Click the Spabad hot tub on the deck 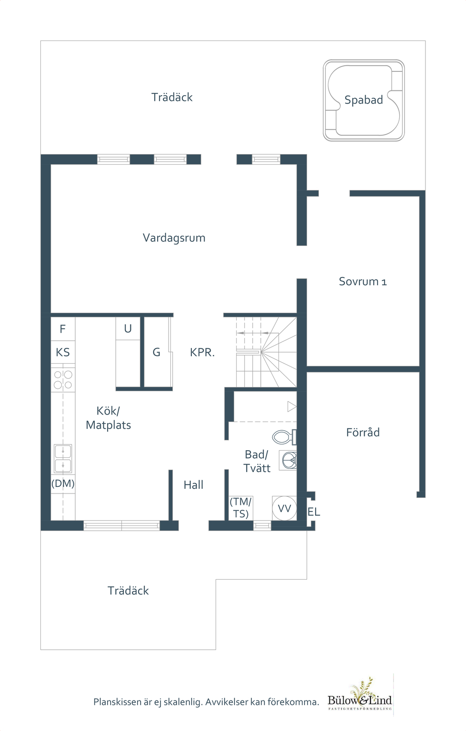[x=364, y=100]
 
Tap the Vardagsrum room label [x=174, y=238]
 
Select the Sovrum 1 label [x=363, y=281]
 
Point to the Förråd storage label [x=363, y=433]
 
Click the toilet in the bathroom [x=284, y=437]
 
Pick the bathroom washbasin [x=288, y=461]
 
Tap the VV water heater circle [x=284, y=508]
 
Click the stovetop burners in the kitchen [x=63, y=379]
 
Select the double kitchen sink [x=63, y=458]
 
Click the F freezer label [x=63, y=329]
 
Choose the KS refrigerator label [x=63, y=353]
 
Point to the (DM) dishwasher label [x=63, y=484]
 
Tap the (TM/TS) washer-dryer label [x=241, y=508]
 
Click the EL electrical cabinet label [x=314, y=512]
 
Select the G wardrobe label [x=156, y=353]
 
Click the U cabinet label [x=128, y=329]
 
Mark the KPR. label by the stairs [x=202, y=353]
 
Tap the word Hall [x=193, y=485]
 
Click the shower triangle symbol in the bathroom [x=292, y=407]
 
